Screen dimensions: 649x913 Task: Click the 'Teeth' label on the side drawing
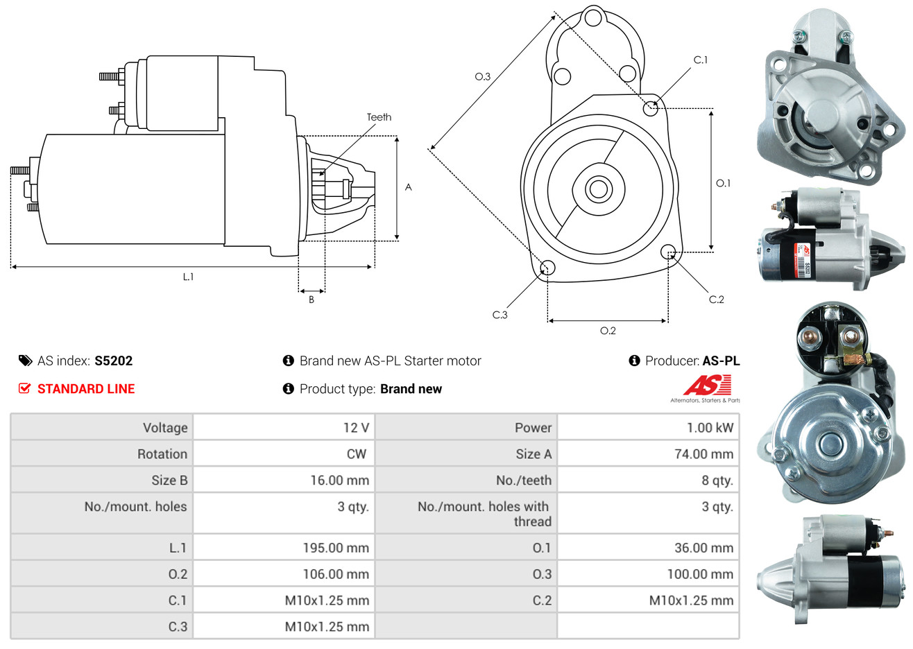(379, 117)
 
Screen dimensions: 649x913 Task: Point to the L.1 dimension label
(188, 277)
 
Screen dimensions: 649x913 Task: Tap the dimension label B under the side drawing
(312, 300)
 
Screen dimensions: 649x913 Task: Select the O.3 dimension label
(482, 76)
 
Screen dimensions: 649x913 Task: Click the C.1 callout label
(701, 60)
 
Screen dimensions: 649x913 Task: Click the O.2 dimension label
(608, 331)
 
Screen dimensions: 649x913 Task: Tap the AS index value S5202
(113, 361)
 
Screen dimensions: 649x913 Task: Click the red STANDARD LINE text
(86, 389)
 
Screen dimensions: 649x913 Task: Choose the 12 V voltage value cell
(356, 428)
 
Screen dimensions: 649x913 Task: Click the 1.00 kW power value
(710, 428)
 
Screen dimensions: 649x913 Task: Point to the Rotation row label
(162, 454)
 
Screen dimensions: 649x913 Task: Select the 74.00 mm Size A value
(703, 454)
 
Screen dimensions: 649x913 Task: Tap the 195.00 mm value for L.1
(336, 548)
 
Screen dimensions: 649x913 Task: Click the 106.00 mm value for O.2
(336, 574)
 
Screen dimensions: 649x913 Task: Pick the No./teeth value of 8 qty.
(717, 481)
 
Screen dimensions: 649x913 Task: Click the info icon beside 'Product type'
(289, 389)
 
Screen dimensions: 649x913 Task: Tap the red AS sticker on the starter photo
(807, 252)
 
